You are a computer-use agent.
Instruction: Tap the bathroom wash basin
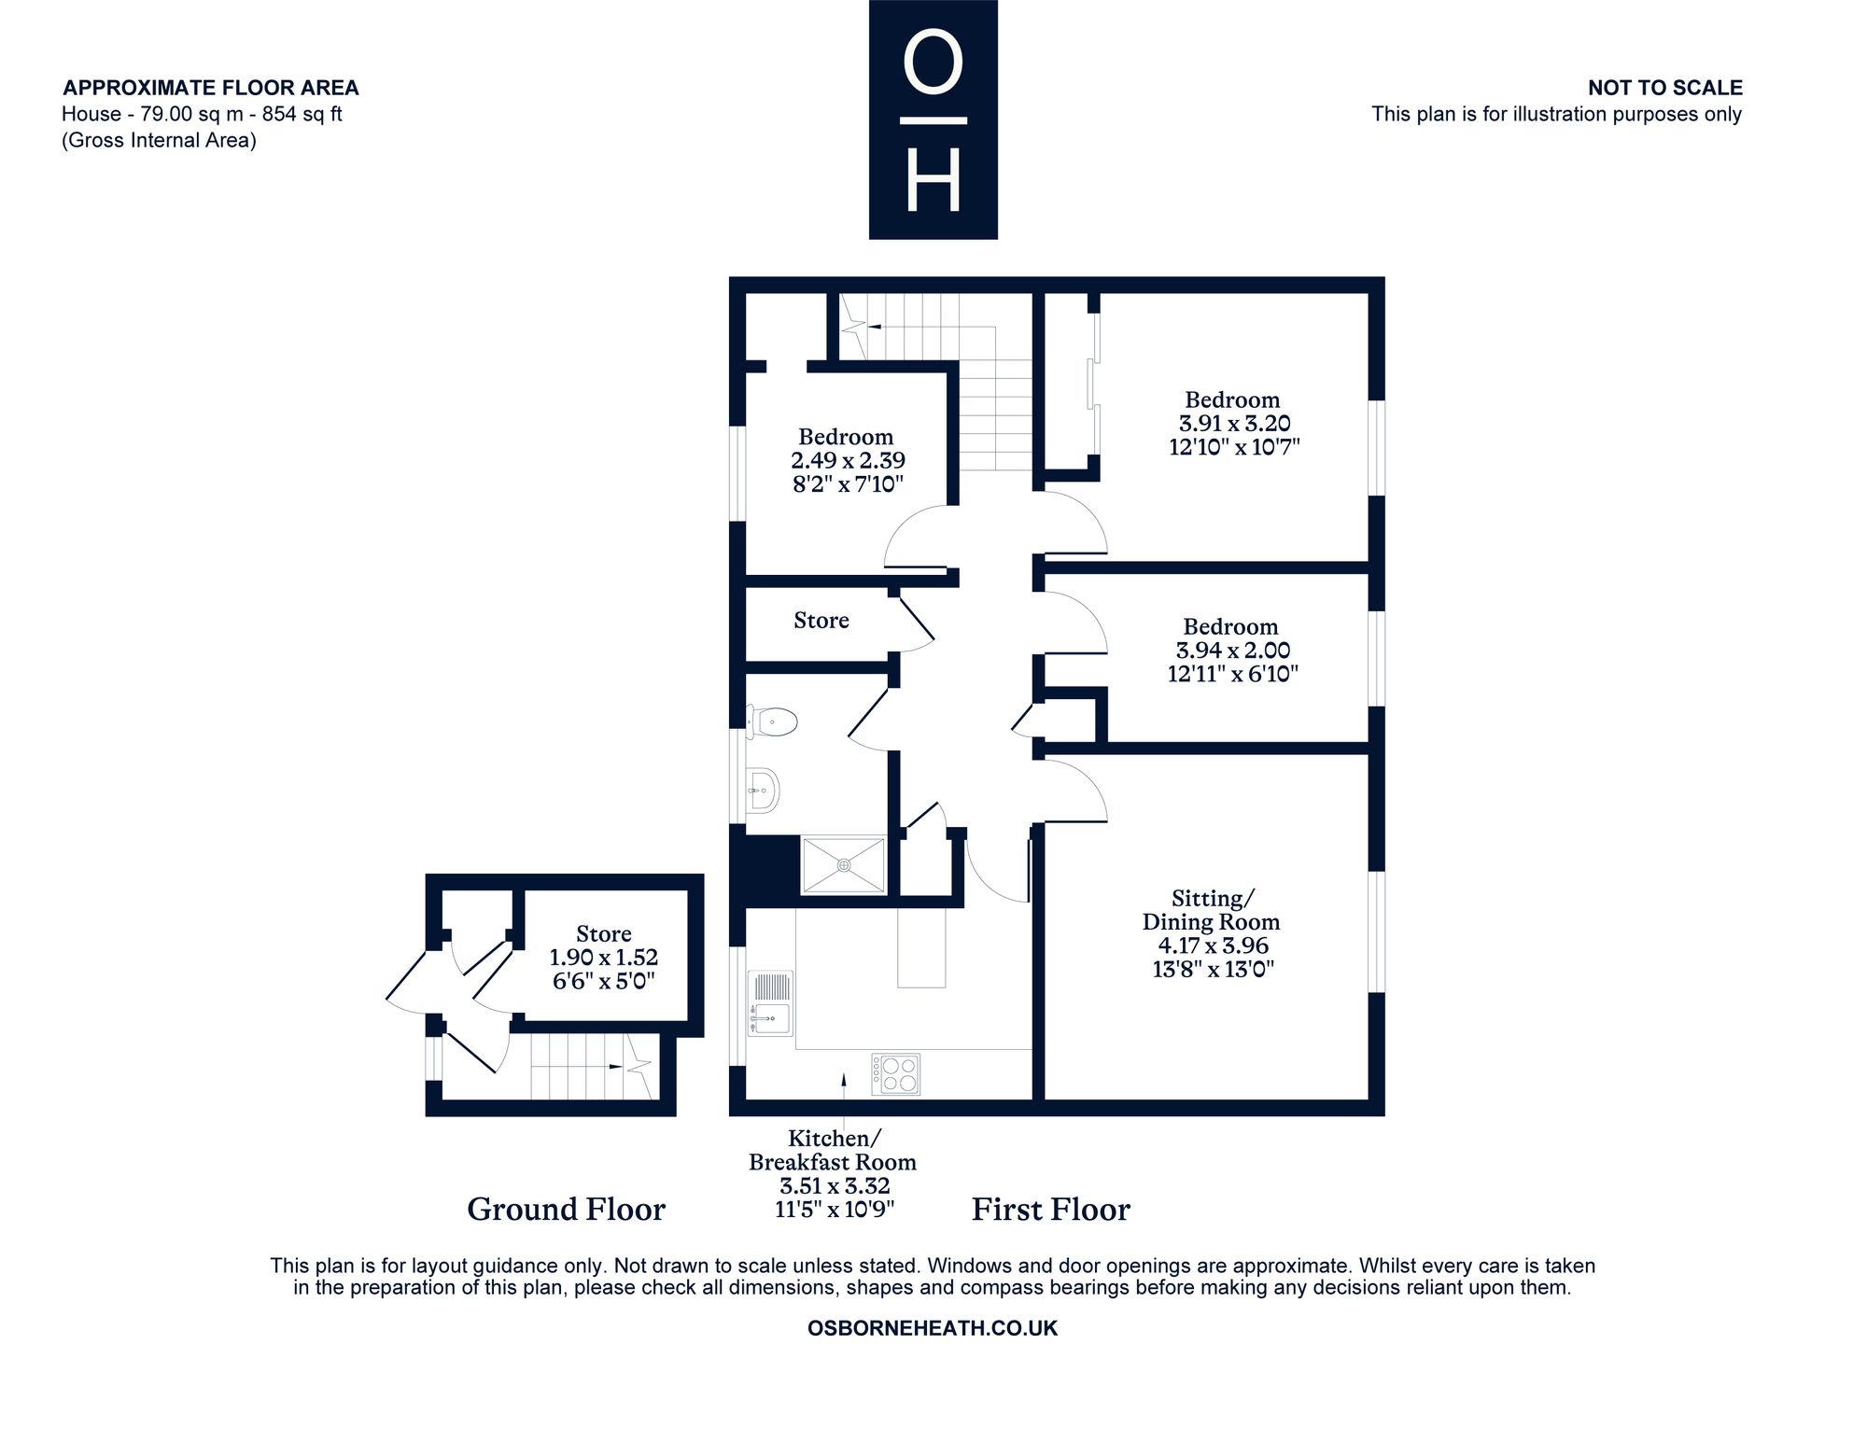(763, 791)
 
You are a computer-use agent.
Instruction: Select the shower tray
(844, 865)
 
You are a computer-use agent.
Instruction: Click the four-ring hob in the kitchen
(896, 1074)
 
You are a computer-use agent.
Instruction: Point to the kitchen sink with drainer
(770, 1003)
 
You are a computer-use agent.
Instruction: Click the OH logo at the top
(933, 119)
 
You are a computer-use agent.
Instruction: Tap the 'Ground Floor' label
(566, 1210)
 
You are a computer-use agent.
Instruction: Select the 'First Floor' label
(1051, 1210)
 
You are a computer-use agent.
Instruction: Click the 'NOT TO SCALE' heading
(1665, 88)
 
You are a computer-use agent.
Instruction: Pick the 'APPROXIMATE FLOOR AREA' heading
(211, 88)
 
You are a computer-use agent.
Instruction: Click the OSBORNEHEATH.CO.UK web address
(933, 1328)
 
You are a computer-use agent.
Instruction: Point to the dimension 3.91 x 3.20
(1234, 424)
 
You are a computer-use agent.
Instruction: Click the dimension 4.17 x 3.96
(1213, 945)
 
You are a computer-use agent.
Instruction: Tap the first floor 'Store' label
(821, 621)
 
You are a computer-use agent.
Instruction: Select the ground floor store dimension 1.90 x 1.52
(604, 958)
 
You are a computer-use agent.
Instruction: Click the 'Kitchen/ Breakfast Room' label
(833, 1150)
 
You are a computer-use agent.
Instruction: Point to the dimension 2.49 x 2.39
(848, 460)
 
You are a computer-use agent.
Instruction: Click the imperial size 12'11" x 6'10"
(1232, 674)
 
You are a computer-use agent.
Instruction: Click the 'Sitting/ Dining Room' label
(1212, 910)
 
